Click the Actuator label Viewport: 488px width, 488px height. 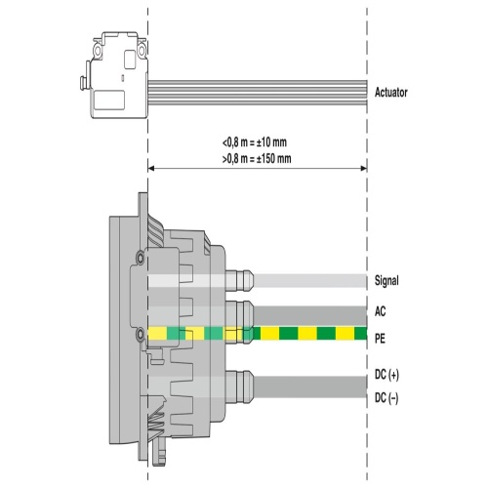pos(390,93)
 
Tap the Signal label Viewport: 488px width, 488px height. pos(386,280)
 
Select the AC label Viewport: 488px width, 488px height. pos(381,311)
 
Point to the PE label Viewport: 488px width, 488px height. pos(380,339)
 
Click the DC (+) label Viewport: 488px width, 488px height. pos(386,375)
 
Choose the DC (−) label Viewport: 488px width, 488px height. pos(386,398)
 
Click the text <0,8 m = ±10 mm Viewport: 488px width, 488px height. pos(255,142)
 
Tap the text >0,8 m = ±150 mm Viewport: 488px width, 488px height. pos(257,159)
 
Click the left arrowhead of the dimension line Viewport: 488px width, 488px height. pos(151,168)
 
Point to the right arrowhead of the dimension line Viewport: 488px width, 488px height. pos(364,168)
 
